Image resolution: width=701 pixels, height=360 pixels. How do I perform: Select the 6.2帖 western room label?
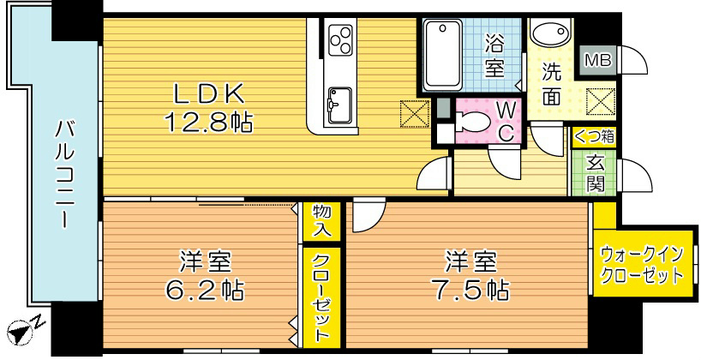pyautogui.click(x=203, y=275)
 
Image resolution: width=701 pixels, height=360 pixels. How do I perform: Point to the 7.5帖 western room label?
pyautogui.click(x=467, y=275)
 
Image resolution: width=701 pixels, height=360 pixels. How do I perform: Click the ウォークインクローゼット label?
pyautogui.click(x=642, y=265)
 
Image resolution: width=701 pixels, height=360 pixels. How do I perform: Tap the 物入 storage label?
pyautogui.click(x=321, y=221)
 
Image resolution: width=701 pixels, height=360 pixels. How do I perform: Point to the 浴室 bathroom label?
pyautogui.click(x=494, y=55)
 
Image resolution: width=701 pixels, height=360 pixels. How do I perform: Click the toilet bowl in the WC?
pyautogui.click(x=473, y=123)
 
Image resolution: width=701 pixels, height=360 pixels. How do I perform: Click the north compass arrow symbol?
pyautogui.click(x=21, y=328)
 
